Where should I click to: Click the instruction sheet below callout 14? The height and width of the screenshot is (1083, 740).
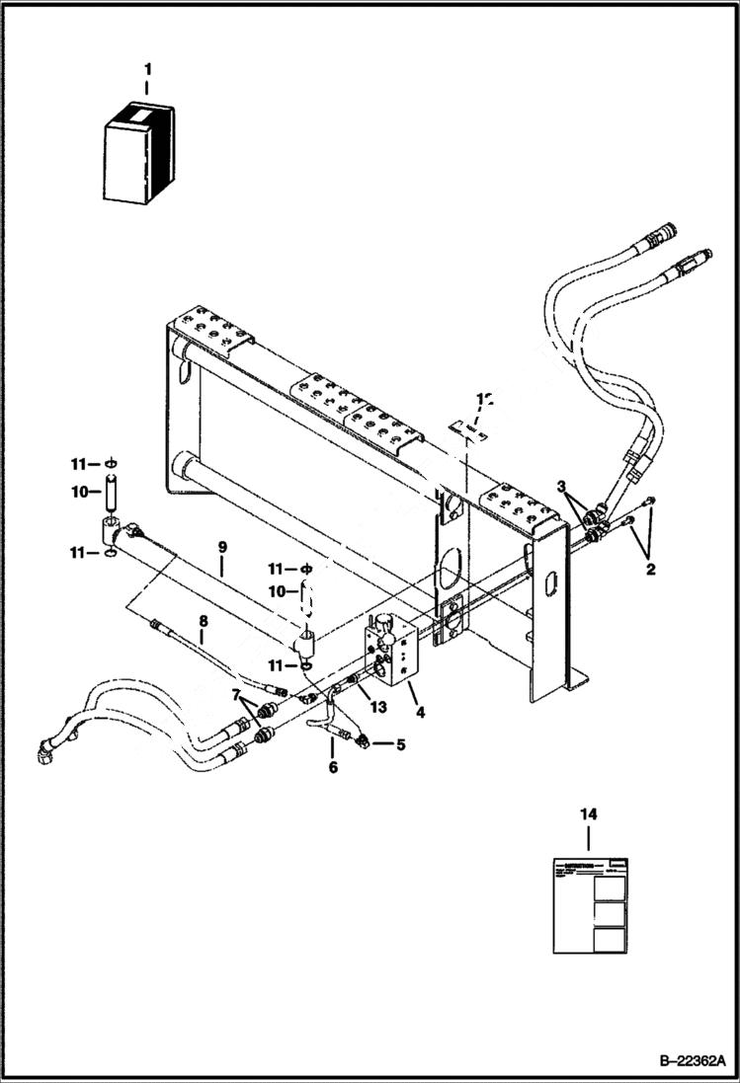click(x=590, y=905)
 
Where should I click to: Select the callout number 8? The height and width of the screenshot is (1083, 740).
click(x=203, y=622)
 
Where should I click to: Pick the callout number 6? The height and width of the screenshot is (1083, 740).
click(x=333, y=767)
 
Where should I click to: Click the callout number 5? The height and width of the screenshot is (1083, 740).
click(x=399, y=745)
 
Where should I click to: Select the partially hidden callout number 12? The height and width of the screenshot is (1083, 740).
click(x=483, y=399)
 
